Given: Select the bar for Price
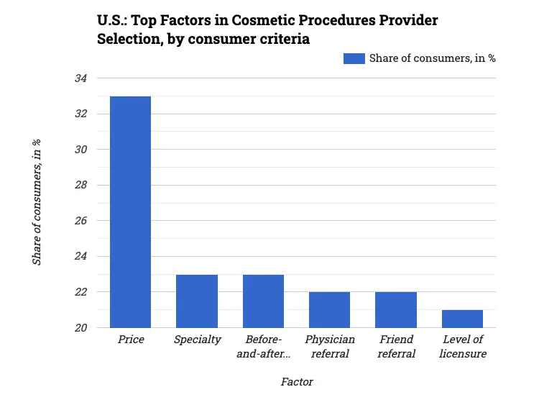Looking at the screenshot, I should pos(130,212).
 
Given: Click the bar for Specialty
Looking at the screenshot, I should pos(197,301).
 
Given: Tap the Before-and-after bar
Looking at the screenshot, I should pos(263,301).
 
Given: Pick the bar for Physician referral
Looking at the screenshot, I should pos(329,310).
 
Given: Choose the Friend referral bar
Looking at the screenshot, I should pos(396,310).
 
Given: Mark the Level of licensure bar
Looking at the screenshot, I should pos(462,319).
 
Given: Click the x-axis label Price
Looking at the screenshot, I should pos(131,340).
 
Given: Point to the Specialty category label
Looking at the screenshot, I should pos(197,340).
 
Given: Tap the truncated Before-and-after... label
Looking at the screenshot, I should pos(263,346).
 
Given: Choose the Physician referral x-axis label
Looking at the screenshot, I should pos(329,346).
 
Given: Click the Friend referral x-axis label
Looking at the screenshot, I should pos(396,346).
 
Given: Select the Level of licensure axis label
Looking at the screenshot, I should pos(463,346).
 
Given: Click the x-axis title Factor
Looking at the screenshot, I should pos(297,382).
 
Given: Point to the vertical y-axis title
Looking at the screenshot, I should pos(37,204).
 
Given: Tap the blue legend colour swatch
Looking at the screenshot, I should pos(354,58).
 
